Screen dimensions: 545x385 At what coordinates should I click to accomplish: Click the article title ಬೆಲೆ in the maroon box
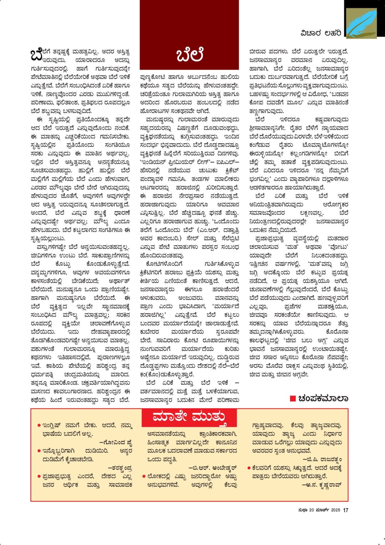click(x=190, y=54)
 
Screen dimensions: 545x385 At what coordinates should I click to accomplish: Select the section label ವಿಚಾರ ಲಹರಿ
click(x=321, y=33)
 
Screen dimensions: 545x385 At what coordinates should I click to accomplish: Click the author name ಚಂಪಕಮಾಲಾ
click(x=323, y=398)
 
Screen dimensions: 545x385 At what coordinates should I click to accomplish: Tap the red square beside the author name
click(x=293, y=398)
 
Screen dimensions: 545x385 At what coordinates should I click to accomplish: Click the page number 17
click(x=345, y=510)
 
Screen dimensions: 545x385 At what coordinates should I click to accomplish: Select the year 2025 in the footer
click(x=335, y=510)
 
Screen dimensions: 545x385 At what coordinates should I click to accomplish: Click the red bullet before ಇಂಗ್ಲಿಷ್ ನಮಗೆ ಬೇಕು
click(x=39, y=426)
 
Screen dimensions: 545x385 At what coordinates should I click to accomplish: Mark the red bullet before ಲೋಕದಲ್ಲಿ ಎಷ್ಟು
click(x=144, y=476)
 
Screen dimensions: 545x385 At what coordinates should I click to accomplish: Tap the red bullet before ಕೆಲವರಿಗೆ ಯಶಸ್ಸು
click(x=249, y=468)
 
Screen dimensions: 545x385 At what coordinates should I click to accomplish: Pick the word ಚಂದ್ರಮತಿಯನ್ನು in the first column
click(x=82, y=375)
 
